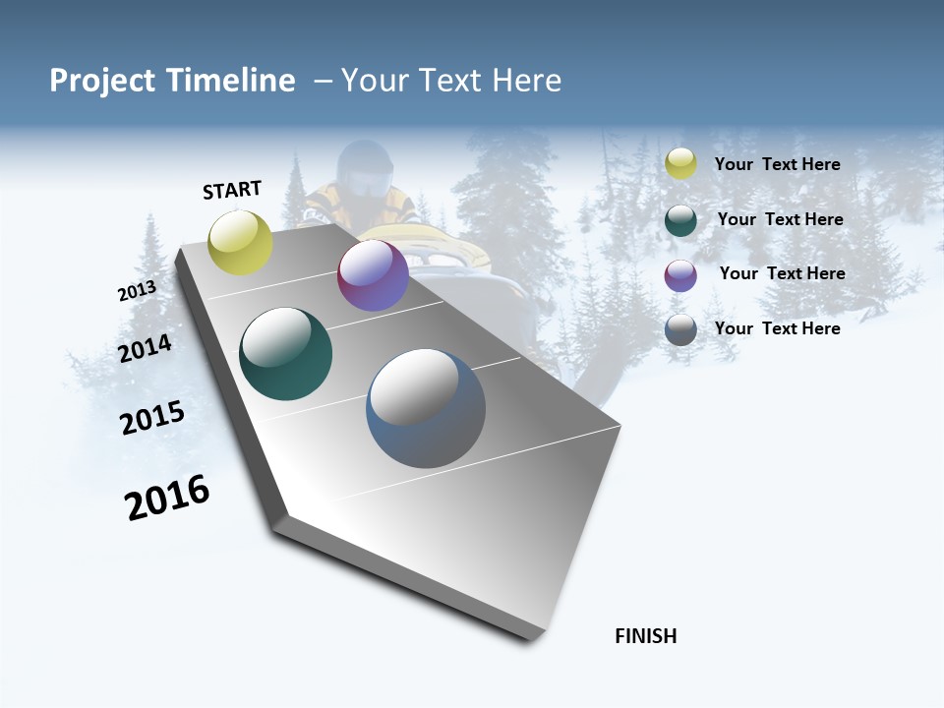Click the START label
[x=232, y=190]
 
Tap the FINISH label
[x=645, y=636]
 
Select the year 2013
[x=137, y=291]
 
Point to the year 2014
[x=145, y=348]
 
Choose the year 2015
[x=152, y=418]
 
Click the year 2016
[x=167, y=498]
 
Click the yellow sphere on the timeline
[x=241, y=243]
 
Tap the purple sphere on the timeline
[x=373, y=275]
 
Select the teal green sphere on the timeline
[x=285, y=354]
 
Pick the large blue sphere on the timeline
[x=426, y=408]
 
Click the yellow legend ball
[x=680, y=164]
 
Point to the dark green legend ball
[x=680, y=220]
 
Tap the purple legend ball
[x=680, y=275]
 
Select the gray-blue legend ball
[x=680, y=329]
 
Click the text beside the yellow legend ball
[x=777, y=165]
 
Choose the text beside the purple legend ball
[x=782, y=273]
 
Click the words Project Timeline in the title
[x=172, y=81]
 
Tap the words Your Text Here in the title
[x=450, y=81]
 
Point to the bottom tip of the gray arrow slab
[x=531, y=639]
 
